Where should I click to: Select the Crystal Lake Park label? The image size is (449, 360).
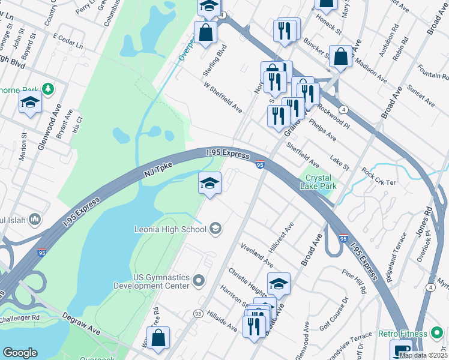pyautogui.click(x=318, y=182)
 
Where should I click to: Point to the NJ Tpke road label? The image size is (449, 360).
pyautogui.click(x=157, y=173)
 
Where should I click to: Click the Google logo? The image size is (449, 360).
pyautogui.click(x=20, y=353)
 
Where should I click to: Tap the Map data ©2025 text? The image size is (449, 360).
pyautogui.click(x=423, y=355)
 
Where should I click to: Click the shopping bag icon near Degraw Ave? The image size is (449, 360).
pyautogui.click(x=158, y=338)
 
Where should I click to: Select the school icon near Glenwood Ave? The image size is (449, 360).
pyautogui.click(x=30, y=103)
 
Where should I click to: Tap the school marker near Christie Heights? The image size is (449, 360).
pyautogui.click(x=279, y=284)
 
